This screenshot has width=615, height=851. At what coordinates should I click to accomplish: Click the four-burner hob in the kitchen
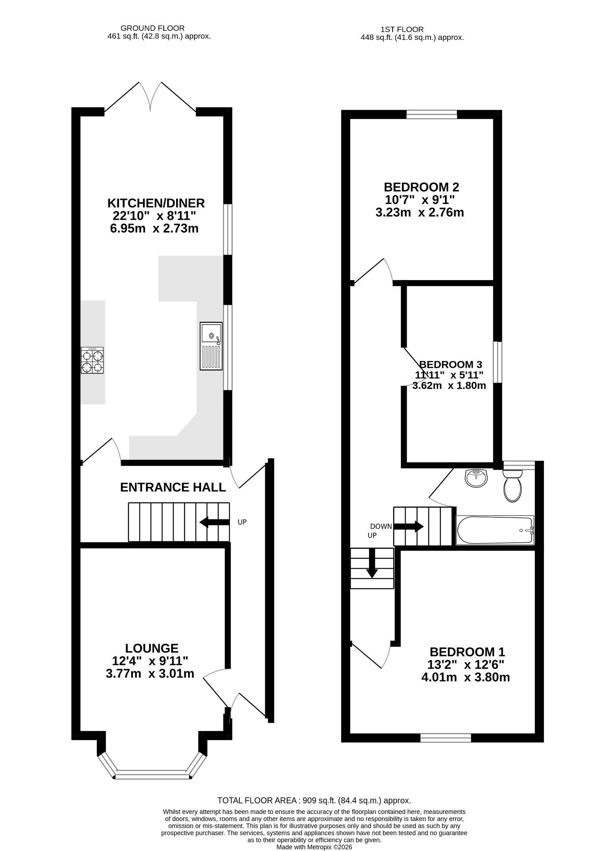[x=92, y=360]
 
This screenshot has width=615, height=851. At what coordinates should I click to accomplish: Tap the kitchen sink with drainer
[x=211, y=346]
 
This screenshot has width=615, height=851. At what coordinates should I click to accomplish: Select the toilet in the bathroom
[x=513, y=485]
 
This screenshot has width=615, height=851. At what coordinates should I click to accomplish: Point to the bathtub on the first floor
[x=495, y=530]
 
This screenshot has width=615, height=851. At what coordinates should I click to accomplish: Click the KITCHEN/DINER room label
[x=156, y=203]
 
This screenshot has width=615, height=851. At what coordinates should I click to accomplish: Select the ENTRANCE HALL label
[x=173, y=487]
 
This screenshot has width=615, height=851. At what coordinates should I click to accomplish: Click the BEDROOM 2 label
[x=421, y=187]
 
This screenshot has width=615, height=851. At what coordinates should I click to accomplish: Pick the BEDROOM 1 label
[x=467, y=652]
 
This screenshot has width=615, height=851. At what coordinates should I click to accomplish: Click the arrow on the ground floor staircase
[x=214, y=522]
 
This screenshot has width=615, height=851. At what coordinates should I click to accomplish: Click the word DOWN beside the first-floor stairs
[x=381, y=526]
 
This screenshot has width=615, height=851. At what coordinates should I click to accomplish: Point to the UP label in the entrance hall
[x=242, y=522]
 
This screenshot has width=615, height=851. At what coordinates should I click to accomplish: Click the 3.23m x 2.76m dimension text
[x=420, y=212]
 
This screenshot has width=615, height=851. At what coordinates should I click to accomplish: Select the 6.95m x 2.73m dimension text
[x=154, y=229]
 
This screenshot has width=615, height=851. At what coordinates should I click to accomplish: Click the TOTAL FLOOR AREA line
[x=315, y=801]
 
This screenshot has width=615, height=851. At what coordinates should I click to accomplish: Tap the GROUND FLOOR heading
[x=153, y=28]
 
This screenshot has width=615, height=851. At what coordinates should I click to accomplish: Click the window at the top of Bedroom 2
[x=432, y=114]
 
